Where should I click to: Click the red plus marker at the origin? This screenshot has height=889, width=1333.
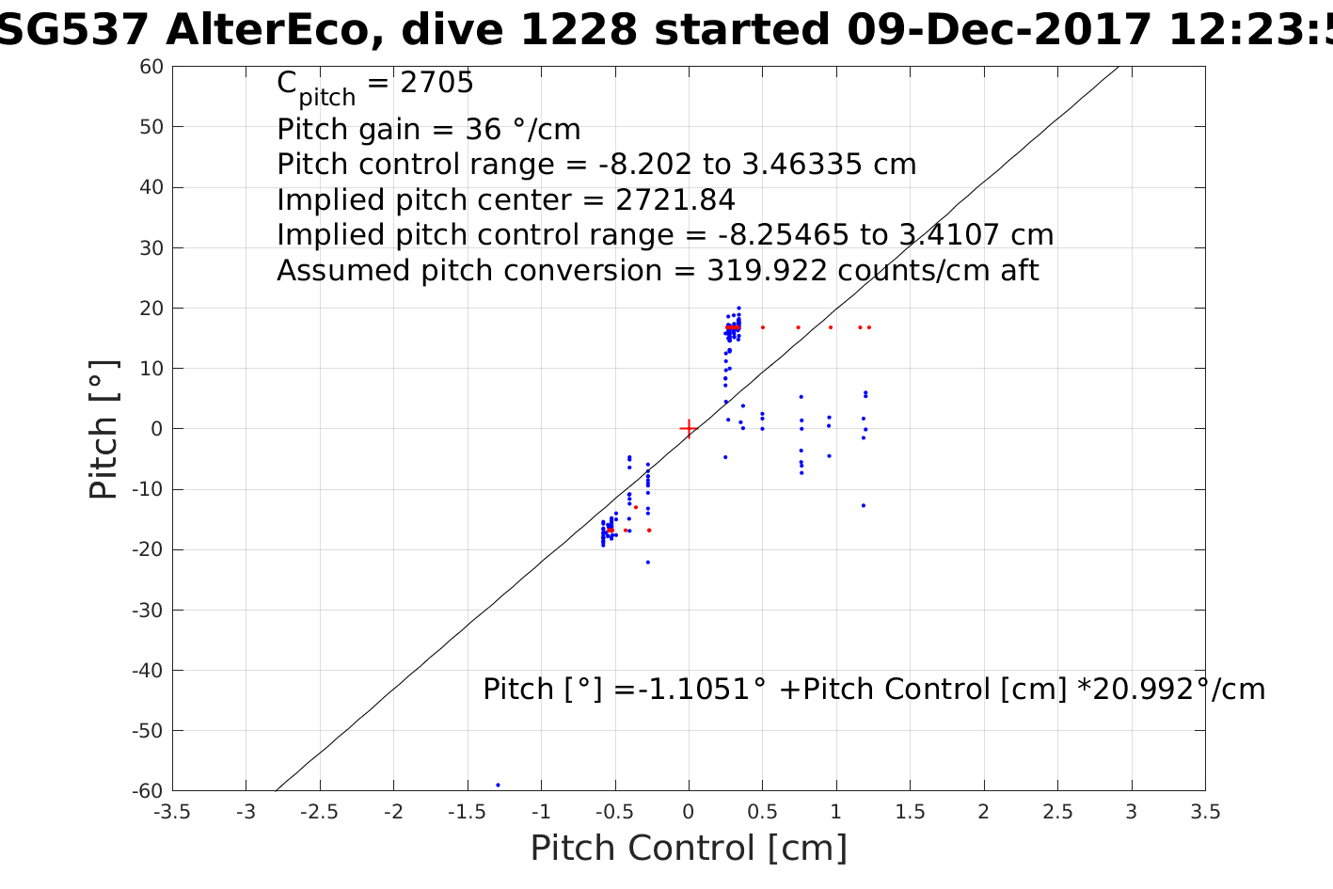689,429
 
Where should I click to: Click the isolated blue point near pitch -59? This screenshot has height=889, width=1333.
498,785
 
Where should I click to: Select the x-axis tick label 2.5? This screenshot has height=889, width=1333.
1057,812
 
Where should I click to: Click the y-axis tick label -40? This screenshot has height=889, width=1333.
149,671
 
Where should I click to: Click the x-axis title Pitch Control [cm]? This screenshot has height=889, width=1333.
689,849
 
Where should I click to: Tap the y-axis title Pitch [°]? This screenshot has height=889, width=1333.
104,429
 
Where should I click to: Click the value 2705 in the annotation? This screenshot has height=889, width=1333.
436,84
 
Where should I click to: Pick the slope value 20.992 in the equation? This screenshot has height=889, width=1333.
1141,690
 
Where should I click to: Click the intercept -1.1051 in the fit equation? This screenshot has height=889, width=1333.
690,690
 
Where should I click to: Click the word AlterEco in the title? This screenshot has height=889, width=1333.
272,31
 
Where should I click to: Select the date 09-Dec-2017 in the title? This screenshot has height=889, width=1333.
999,31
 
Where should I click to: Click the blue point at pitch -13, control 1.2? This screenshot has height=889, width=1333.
864,505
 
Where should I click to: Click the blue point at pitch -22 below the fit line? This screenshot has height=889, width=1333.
648,562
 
